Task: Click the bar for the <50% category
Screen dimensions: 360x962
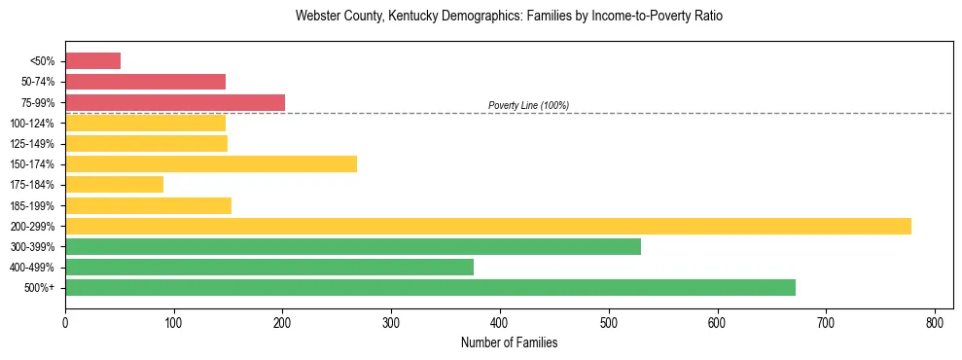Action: click(92, 61)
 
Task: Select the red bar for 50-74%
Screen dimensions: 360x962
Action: click(145, 82)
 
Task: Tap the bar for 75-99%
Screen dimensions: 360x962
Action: click(175, 102)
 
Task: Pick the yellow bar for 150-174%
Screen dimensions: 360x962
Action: click(211, 163)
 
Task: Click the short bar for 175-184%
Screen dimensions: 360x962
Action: click(114, 185)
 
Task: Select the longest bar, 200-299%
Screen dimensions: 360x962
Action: click(488, 226)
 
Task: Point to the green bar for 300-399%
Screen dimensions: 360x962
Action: click(353, 246)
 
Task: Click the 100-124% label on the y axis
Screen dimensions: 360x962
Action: click(31, 124)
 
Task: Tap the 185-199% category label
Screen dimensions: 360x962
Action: click(31, 205)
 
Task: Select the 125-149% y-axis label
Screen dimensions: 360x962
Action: click(31, 144)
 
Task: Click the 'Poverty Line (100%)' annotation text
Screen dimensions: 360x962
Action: click(528, 105)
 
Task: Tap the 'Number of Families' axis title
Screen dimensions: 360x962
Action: click(509, 342)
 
